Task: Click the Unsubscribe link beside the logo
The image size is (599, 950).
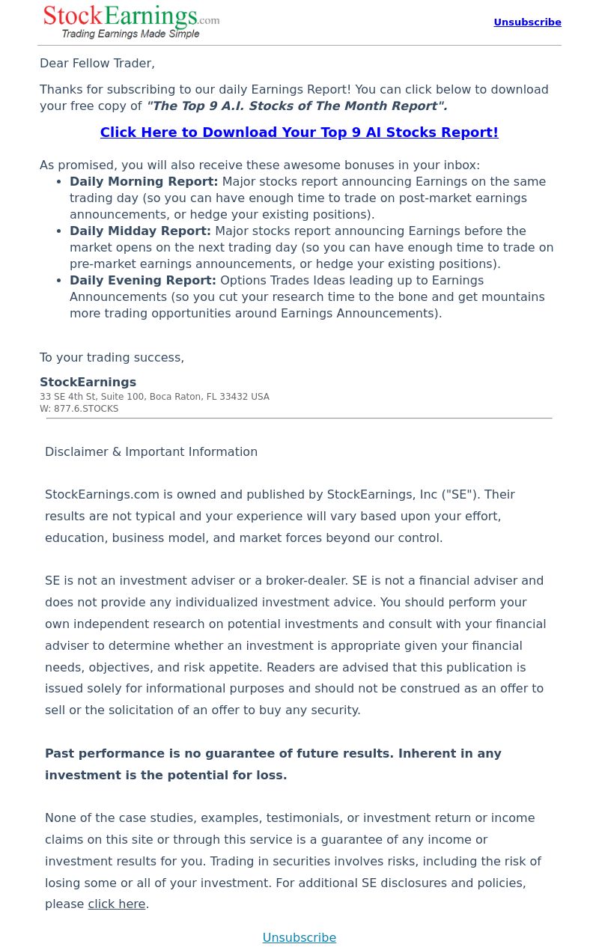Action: point(527,22)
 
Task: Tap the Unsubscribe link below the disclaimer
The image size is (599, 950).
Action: point(299,937)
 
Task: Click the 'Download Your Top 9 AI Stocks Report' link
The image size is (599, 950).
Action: point(299,133)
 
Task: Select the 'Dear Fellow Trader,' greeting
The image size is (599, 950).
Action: point(97,64)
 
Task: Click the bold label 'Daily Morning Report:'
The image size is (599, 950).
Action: point(144,182)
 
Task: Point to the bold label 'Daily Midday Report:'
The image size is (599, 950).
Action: point(140,231)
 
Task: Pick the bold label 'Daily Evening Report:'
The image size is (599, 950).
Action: point(143,281)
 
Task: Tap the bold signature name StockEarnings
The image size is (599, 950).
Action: point(88,383)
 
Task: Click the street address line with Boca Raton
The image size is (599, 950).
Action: point(154,397)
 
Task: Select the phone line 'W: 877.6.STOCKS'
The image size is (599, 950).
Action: point(79,409)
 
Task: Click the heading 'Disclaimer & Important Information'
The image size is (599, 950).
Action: point(151,452)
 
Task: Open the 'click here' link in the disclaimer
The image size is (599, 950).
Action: point(117,904)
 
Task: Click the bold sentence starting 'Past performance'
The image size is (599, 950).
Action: point(273,754)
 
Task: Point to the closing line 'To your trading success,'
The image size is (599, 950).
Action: point(112,358)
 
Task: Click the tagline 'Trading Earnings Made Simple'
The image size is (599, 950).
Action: point(130,34)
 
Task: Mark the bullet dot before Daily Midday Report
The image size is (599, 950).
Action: point(60,231)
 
